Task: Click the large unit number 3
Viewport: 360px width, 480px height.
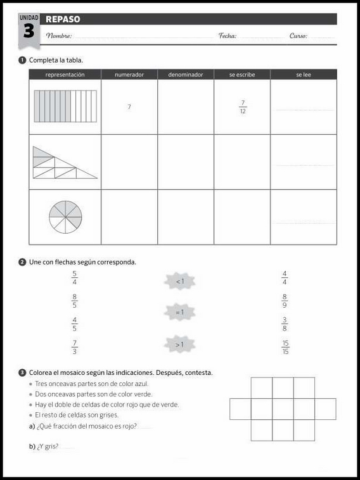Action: pyautogui.click(x=29, y=32)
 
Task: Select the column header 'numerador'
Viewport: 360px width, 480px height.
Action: pyautogui.click(x=129, y=75)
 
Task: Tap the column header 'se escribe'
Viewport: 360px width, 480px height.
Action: pyautogui.click(x=242, y=75)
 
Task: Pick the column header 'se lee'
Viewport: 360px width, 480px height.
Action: pyautogui.click(x=303, y=75)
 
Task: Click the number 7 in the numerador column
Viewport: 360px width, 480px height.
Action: pyautogui.click(x=129, y=107)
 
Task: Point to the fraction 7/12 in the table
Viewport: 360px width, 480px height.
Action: pyautogui.click(x=242, y=107)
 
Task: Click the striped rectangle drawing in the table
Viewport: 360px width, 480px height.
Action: pyautogui.click(x=65, y=106)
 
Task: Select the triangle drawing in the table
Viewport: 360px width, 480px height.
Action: pyautogui.click(x=64, y=163)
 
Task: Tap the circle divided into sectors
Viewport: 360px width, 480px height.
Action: pyautogui.click(x=65, y=217)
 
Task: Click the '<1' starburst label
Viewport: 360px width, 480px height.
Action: pyautogui.click(x=179, y=281)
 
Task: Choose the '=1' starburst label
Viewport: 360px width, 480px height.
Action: pyautogui.click(x=179, y=312)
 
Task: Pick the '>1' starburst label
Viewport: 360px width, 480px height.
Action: pyautogui.click(x=179, y=344)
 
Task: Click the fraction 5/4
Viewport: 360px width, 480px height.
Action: pyautogui.click(x=75, y=277)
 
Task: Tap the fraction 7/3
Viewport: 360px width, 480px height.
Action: pyautogui.click(x=75, y=347)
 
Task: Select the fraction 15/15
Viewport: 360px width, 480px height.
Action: pyautogui.click(x=285, y=348)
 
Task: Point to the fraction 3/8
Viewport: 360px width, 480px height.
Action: pyautogui.click(x=285, y=324)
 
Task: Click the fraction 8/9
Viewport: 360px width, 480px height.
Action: pyautogui.click(x=285, y=300)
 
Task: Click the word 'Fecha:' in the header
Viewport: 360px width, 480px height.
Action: pyautogui.click(x=228, y=36)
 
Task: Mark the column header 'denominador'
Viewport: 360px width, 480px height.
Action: pyautogui.click(x=186, y=75)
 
